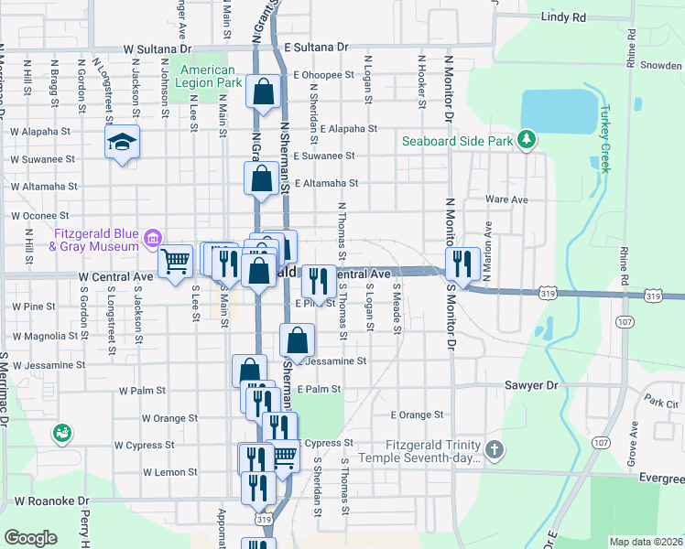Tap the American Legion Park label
tap(211, 76)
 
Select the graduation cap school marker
tap(122, 143)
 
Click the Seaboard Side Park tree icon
tap(527, 139)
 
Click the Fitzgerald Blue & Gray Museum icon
tap(152, 240)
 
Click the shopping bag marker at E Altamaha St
tap(262, 178)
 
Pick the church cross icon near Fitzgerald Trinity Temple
tap(495, 449)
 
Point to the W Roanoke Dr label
tap(51, 501)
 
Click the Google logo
tap(30, 538)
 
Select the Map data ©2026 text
tap(646, 542)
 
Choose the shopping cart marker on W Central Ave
tap(174, 260)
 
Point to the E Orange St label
tap(417, 414)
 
